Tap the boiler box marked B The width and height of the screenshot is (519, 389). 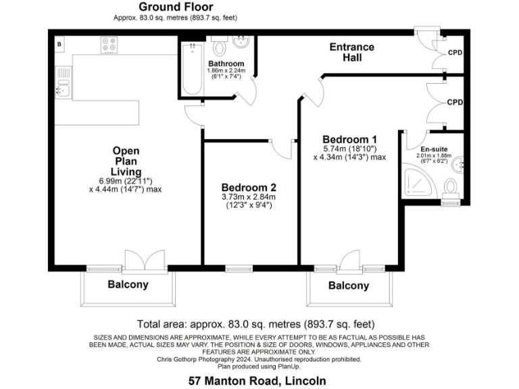point(60,45)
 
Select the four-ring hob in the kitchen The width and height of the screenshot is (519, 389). point(109,45)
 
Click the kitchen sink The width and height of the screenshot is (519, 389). point(64,86)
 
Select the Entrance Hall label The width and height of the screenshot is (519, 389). point(351,52)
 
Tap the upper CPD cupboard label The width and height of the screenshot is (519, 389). point(455,52)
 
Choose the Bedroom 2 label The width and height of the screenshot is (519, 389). point(249,187)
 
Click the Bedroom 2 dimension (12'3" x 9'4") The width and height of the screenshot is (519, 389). point(249,206)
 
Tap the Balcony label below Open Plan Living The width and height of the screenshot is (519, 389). point(128,284)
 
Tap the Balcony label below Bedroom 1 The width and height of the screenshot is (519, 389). point(349,286)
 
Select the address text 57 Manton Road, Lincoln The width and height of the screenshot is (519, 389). point(257,381)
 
